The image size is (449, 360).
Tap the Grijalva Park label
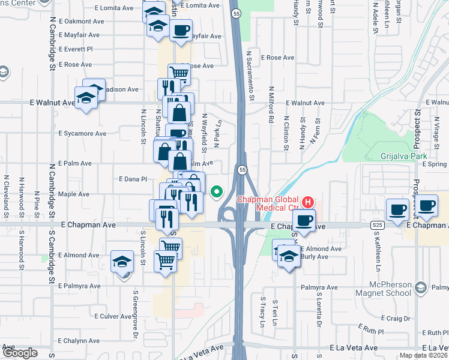pyautogui.click(x=403, y=156)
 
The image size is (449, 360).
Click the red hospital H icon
pyautogui.click(x=308, y=202)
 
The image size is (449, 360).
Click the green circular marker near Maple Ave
pyautogui.click(x=217, y=193)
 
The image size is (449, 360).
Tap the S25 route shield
pyautogui.click(x=377, y=224)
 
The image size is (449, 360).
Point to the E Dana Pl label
pyautogui.click(x=133, y=179)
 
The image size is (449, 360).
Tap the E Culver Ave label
pyautogui.click(x=113, y=316)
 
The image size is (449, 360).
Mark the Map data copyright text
pyautogui.click(x=424, y=355)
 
